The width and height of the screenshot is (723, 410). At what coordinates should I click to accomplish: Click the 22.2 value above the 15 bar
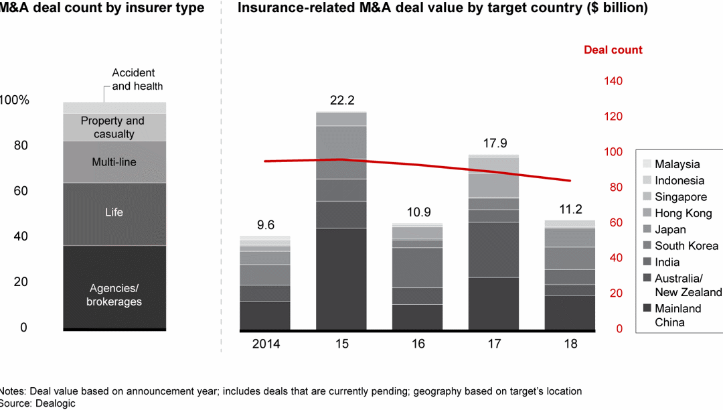coord(341,100)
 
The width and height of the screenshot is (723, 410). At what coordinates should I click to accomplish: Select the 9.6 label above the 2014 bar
coord(266,225)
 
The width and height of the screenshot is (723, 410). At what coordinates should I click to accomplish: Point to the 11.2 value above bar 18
coord(570,209)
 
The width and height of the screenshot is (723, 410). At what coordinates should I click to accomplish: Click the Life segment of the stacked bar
coord(114,213)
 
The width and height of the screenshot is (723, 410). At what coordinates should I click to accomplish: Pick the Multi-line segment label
coord(114,162)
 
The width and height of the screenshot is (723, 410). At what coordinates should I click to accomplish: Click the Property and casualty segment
coord(112,127)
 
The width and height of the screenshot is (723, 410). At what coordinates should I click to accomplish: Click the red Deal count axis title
coord(613,50)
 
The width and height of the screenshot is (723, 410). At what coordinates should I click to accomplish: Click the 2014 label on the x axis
coord(266,344)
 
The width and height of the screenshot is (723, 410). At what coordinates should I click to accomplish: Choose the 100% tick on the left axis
coord(15,100)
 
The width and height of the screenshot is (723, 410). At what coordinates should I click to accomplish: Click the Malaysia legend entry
coord(677,164)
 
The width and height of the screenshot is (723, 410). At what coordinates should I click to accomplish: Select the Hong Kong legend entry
coord(683,214)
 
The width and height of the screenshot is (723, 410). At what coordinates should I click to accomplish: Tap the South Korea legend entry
coord(686,246)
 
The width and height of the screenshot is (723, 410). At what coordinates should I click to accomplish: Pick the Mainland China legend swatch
coord(646,309)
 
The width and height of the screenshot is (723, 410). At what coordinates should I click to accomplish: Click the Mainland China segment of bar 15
coord(341,279)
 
